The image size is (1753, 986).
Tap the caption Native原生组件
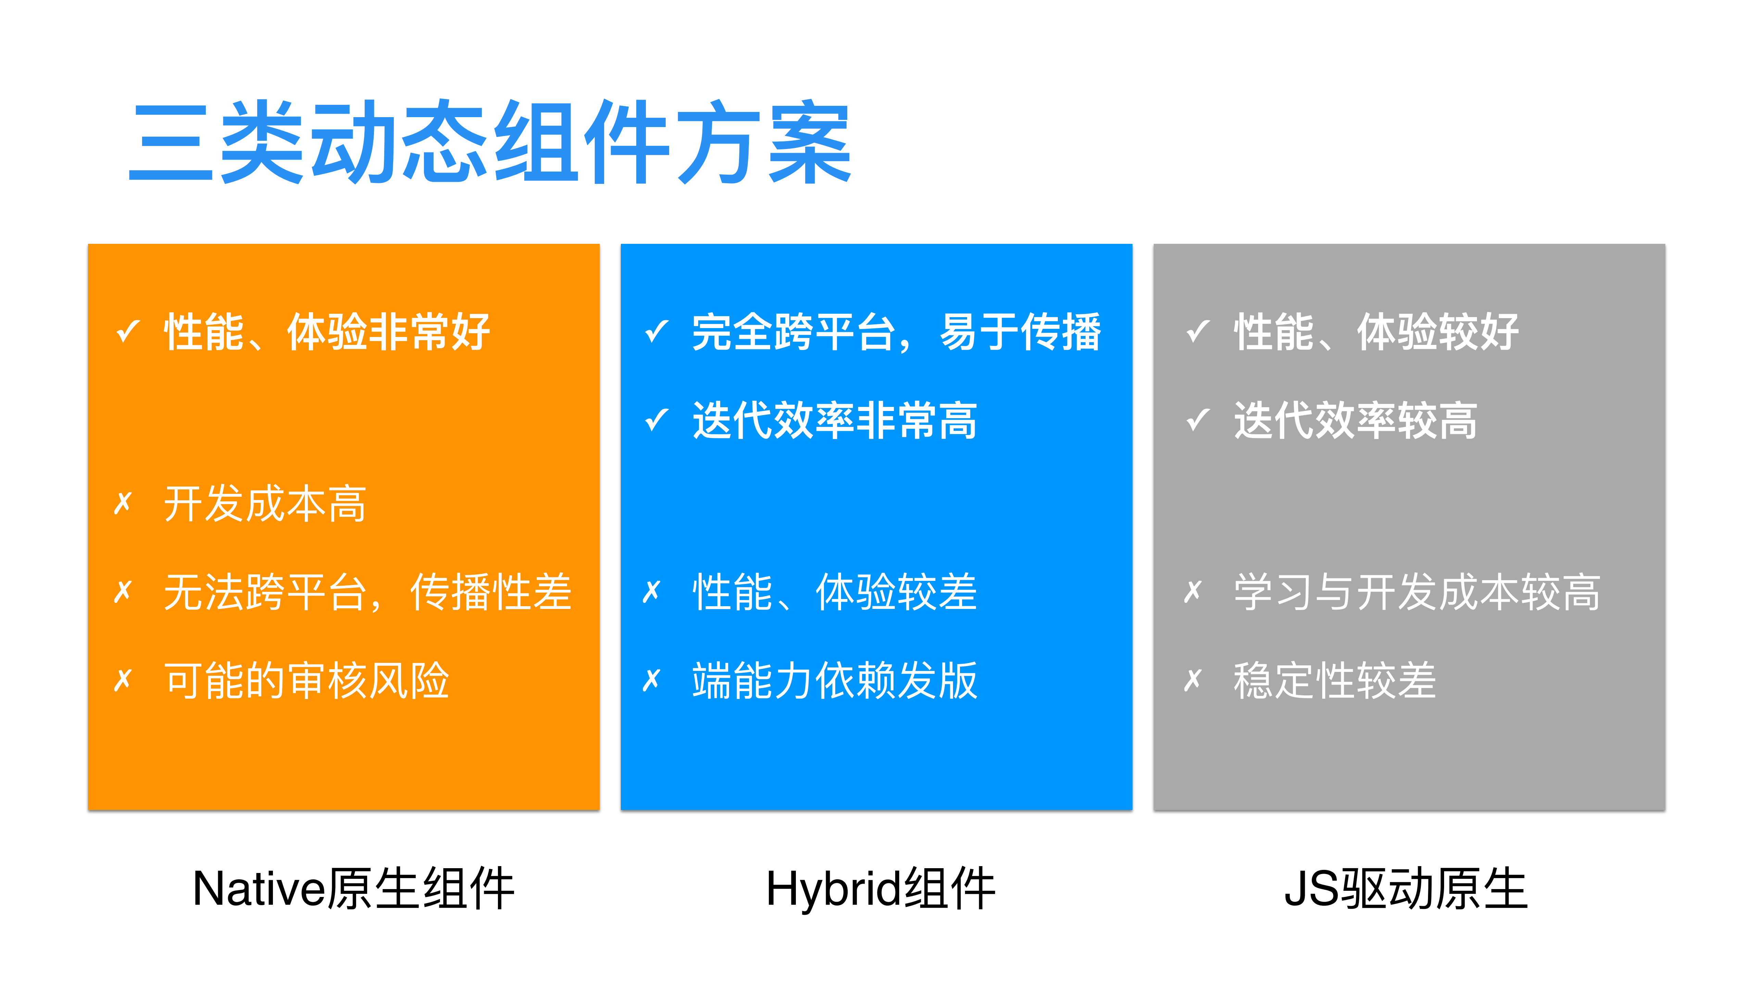pyautogui.click(x=353, y=889)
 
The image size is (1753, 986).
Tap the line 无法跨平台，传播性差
pyautogui.click(x=367, y=592)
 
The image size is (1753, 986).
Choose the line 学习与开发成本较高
pyautogui.click(x=1417, y=592)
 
